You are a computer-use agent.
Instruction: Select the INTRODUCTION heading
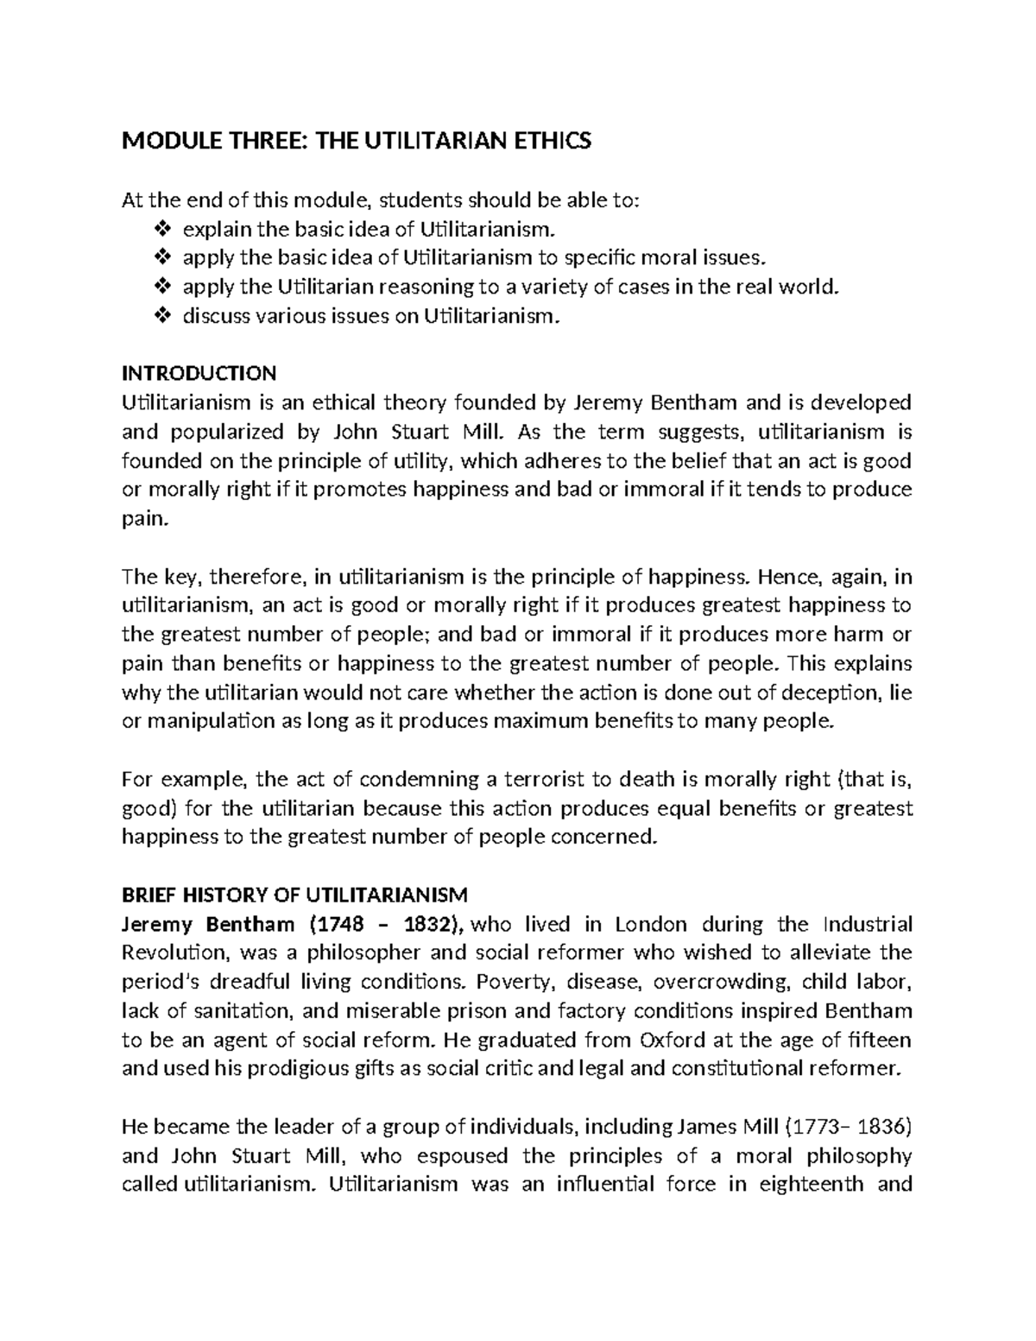point(199,373)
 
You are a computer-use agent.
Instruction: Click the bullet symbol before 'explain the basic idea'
point(161,230)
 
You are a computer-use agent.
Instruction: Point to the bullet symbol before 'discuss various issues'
point(161,316)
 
